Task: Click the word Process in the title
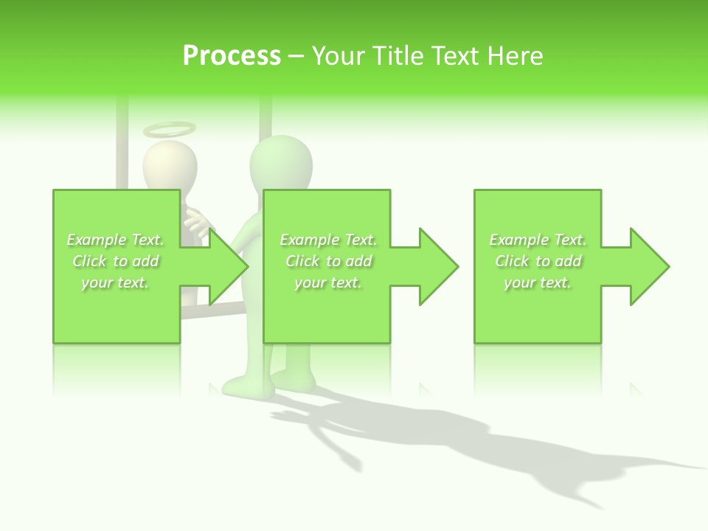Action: coord(232,56)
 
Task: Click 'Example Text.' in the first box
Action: coord(115,240)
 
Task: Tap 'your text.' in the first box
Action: coord(115,282)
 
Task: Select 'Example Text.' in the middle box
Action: coord(328,240)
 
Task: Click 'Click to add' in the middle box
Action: coord(328,261)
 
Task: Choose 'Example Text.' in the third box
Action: coord(538,240)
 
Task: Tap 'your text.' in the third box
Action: coord(538,282)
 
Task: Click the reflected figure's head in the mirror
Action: coord(170,166)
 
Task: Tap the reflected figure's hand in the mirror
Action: coord(195,221)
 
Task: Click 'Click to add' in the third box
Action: coord(538,261)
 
